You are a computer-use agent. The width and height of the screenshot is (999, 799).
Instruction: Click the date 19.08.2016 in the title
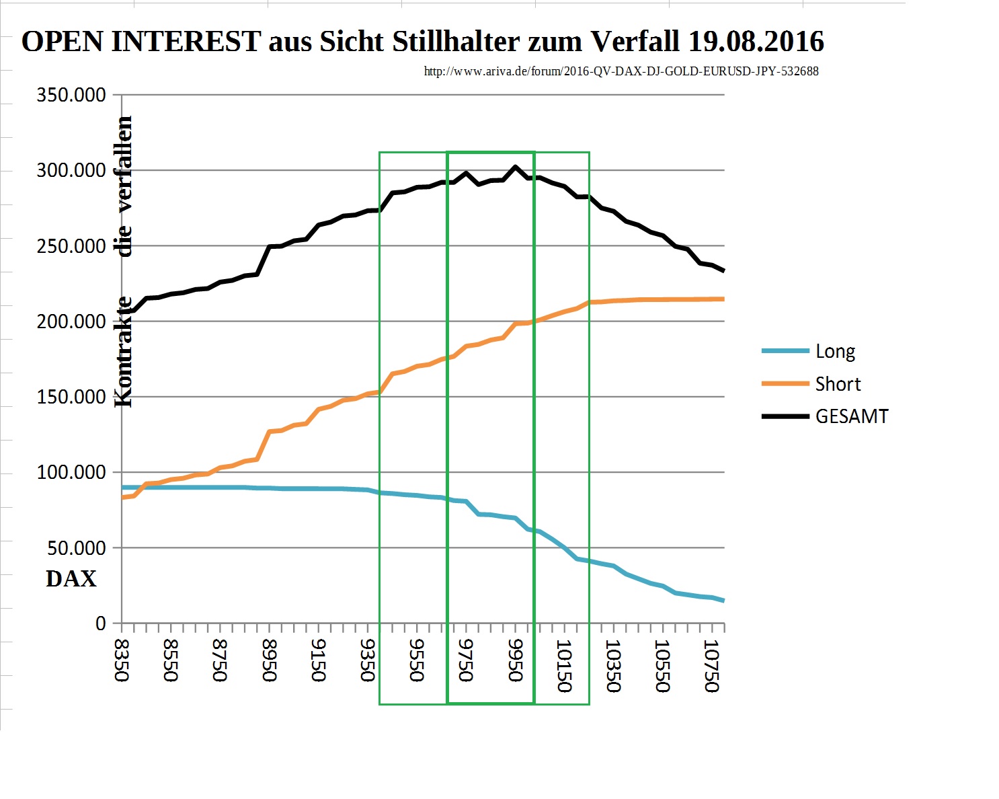coord(756,42)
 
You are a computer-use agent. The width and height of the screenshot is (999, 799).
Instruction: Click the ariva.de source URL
coord(621,71)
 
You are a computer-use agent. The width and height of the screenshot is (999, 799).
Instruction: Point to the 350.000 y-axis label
coord(71,95)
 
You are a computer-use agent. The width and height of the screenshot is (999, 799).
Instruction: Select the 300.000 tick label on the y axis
coord(71,171)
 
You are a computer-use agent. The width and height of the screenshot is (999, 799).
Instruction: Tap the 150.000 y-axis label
coord(71,397)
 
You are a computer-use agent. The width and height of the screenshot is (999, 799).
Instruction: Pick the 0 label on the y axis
coord(101,623)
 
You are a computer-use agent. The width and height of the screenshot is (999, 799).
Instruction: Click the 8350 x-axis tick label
coord(122,660)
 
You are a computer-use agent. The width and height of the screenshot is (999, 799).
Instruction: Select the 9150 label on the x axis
coord(319,660)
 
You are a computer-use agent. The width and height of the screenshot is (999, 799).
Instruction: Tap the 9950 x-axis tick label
coord(516,660)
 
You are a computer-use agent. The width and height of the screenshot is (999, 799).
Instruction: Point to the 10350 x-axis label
coord(613,666)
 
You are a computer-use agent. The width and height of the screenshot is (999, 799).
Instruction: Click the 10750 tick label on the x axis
coord(712,666)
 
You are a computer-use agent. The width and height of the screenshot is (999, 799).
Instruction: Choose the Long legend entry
coord(835,351)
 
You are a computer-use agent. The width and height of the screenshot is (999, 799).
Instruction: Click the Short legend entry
coord(838,384)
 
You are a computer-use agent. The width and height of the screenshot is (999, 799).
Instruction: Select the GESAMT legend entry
coord(852,416)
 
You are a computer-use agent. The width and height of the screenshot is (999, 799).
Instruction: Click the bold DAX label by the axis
coord(71,579)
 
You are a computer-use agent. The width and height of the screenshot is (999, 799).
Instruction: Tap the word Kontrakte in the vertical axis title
coord(124,352)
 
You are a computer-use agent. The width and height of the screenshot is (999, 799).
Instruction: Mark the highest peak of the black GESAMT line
coord(515,166)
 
